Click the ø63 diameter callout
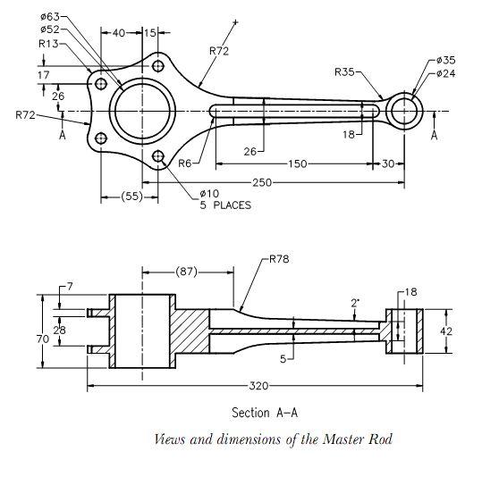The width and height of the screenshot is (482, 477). pyautogui.click(x=50, y=16)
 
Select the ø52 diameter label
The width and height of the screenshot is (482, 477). pyautogui.click(x=50, y=29)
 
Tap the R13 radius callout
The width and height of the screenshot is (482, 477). pyautogui.click(x=48, y=44)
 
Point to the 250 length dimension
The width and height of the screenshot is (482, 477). pyautogui.click(x=262, y=183)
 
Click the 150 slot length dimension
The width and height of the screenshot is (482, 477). pyautogui.click(x=297, y=163)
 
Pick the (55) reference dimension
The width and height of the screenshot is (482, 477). pyautogui.click(x=132, y=197)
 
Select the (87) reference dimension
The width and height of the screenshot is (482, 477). pyautogui.click(x=186, y=272)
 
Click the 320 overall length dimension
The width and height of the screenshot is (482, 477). pyautogui.click(x=258, y=386)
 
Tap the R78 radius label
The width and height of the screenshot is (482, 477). pyautogui.click(x=279, y=259)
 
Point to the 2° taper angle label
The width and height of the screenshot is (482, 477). pyautogui.click(x=355, y=304)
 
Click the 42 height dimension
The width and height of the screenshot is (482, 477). pyautogui.click(x=446, y=331)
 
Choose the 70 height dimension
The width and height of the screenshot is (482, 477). pyautogui.click(x=43, y=339)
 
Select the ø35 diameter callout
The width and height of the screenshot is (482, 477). pyautogui.click(x=445, y=60)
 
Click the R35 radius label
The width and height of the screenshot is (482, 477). pyautogui.click(x=344, y=72)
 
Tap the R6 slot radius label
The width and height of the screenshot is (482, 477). pyautogui.click(x=185, y=163)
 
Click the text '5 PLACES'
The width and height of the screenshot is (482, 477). pyautogui.click(x=225, y=205)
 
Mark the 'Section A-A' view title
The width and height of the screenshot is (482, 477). pyautogui.click(x=265, y=413)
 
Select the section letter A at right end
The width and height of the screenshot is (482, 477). pyautogui.click(x=434, y=135)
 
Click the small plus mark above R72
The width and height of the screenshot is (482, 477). pyautogui.click(x=236, y=22)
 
